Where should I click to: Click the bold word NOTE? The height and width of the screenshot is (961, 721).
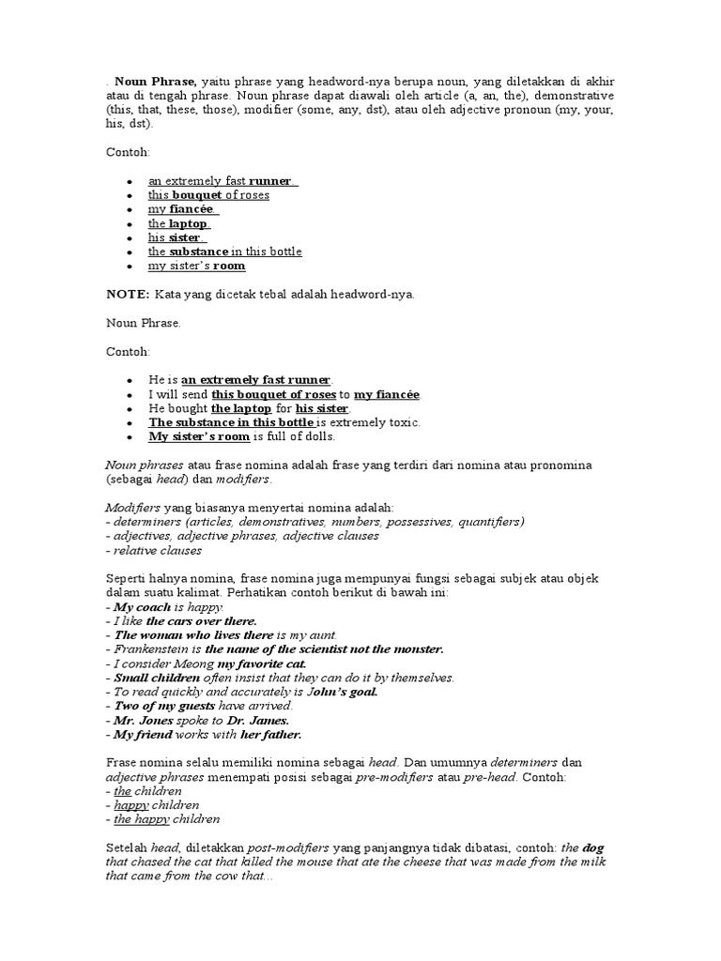click(x=127, y=295)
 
